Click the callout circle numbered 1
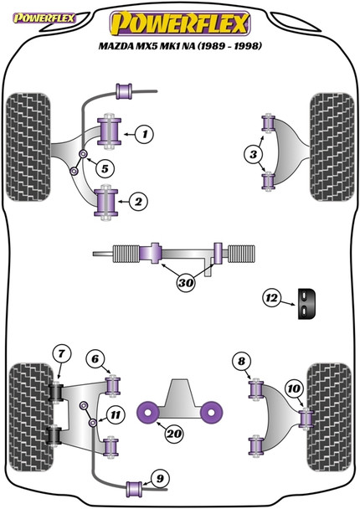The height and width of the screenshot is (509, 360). point(145,133)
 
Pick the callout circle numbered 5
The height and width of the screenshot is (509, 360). point(104,168)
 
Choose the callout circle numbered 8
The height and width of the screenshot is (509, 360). point(242,361)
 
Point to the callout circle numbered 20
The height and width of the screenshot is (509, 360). point(175,434)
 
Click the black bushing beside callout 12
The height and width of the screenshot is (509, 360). point(308,302)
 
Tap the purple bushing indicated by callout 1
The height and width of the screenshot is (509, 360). point(108,131)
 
